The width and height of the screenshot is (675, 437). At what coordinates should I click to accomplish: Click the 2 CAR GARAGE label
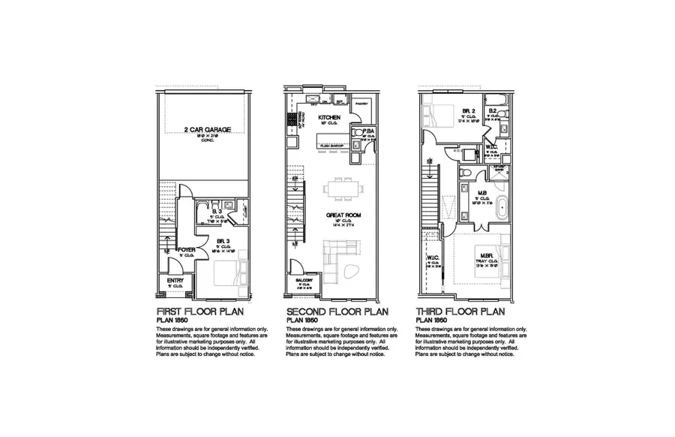point(207,129)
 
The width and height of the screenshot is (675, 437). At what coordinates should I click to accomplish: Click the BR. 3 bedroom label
point(223,242)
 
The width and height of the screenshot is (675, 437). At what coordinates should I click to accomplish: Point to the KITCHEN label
point(330,118)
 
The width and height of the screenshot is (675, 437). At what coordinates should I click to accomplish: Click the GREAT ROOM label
point(340,215)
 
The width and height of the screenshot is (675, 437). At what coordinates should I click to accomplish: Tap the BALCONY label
point(304,279)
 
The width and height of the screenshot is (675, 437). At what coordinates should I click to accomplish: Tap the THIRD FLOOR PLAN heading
point(460,311)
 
